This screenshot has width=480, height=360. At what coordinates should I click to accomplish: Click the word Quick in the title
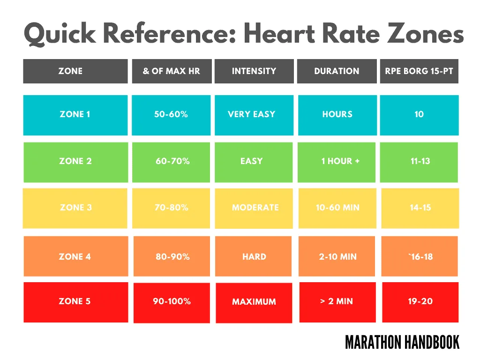(x=60, y=34)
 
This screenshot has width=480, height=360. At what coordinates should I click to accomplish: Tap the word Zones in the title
(x=426, y=33)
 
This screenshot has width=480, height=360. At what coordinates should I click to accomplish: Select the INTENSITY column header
(x=254, y=71)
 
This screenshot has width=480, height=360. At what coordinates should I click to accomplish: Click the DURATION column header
(x=337, y=71)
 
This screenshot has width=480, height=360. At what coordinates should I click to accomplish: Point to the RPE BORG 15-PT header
(x=419, y=71)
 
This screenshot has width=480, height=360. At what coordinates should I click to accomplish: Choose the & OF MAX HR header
(x=172, y=71)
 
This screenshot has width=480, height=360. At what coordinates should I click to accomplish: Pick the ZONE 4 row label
(x=76, y=256)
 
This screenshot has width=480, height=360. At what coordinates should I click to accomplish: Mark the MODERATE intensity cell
(x=254, y=208)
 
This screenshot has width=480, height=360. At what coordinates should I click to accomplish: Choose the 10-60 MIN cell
(x=337, y=208)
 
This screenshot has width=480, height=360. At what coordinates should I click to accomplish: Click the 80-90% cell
(x=172, y=256)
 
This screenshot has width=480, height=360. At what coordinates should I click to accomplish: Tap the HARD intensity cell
(x=254, y=256)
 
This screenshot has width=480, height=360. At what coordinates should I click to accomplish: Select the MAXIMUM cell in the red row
(x=254, y=302)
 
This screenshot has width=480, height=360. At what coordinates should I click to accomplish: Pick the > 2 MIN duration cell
(x=337, y=302)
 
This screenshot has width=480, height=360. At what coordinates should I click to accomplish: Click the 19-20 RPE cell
(x=420, y=302)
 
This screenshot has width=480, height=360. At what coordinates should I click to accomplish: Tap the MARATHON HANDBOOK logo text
(x=402, y=342)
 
